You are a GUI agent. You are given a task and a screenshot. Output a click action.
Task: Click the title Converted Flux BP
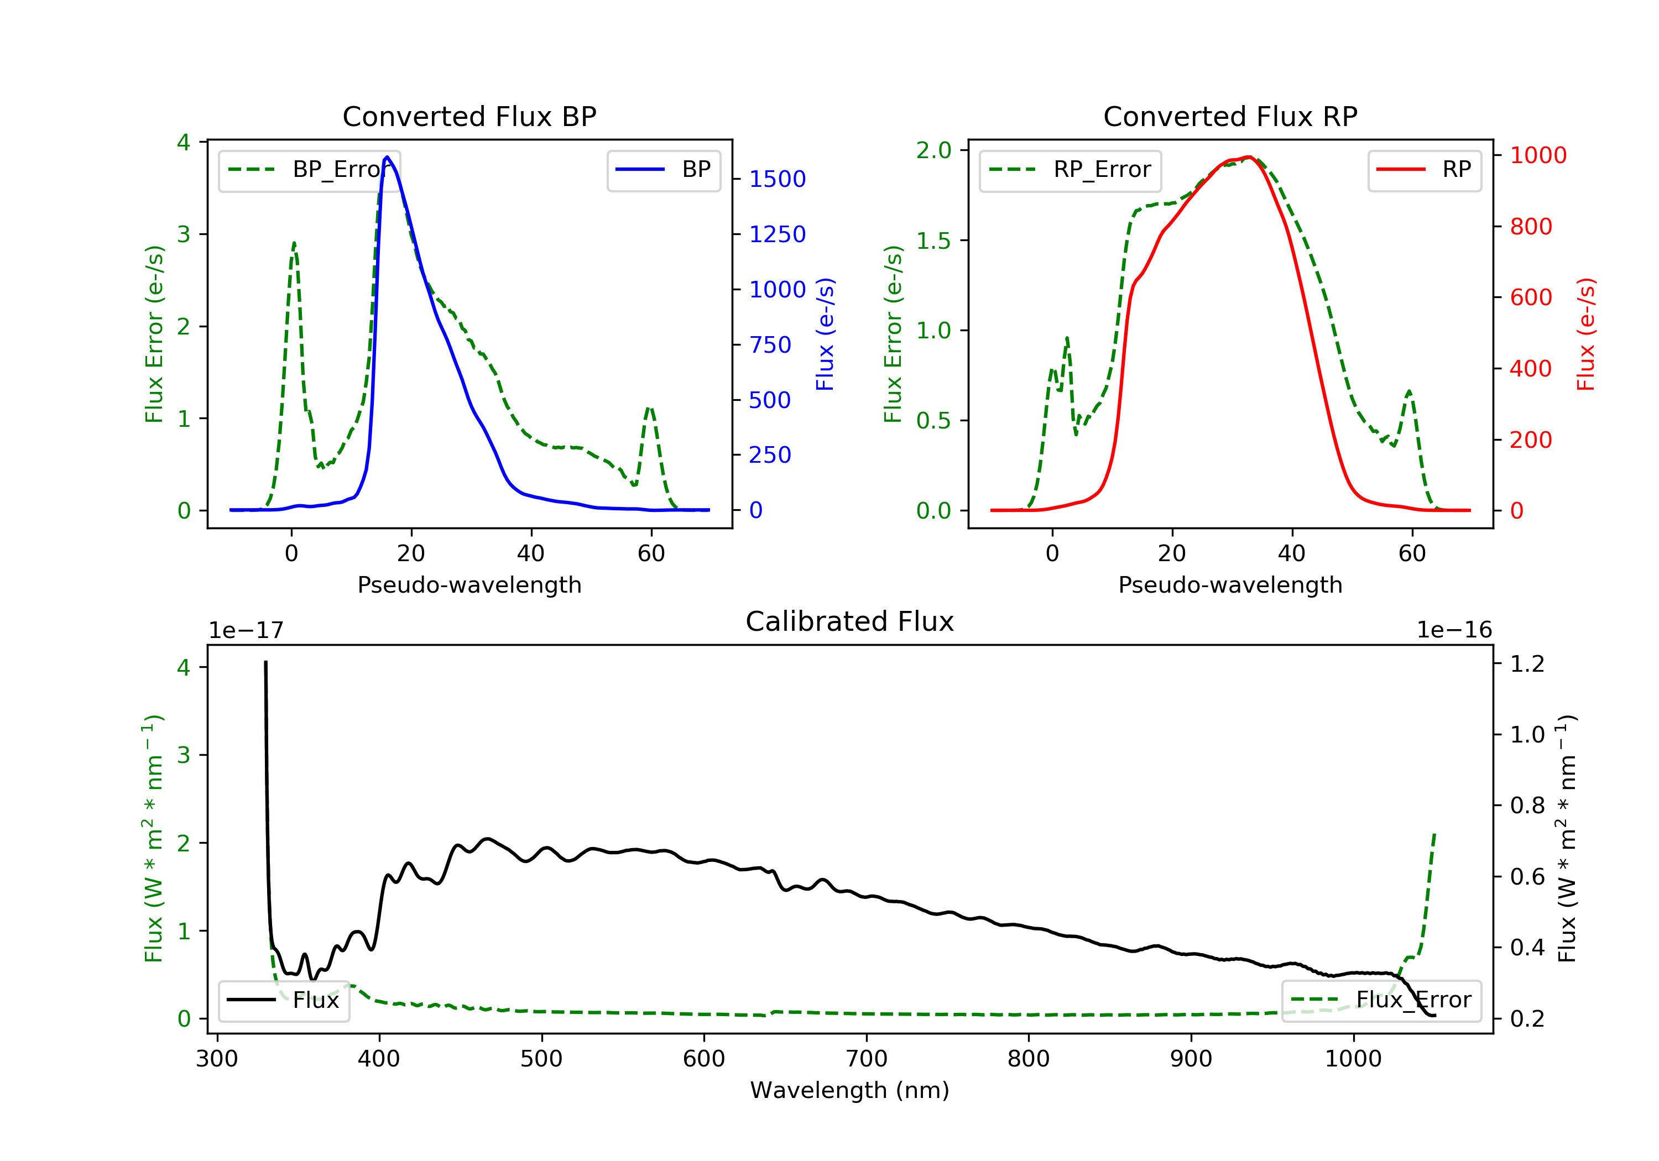pos(469,116)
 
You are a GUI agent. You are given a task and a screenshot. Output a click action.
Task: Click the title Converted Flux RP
pos(1230,116)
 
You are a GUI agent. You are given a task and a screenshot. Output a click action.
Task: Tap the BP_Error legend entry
pos(309,170)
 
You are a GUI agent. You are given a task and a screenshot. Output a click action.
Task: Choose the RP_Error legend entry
pos(1070,170)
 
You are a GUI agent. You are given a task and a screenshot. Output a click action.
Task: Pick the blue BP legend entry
pos(663,170)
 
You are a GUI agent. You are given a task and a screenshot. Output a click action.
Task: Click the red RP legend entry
pos(1424,170)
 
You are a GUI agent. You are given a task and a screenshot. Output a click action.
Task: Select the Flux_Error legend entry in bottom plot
pos(1381,1000)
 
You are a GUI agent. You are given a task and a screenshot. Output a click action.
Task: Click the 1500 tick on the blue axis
pos(777,179)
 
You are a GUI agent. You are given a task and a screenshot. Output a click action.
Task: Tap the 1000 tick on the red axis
pos(1537,155)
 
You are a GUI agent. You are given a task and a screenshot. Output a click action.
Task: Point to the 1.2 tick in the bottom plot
pos(1527,663)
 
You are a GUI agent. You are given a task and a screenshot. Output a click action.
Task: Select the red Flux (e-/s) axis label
pos(1585,334)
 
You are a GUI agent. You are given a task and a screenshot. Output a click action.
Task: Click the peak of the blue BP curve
pos(387,157)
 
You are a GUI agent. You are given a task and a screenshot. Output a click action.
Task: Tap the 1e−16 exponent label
pos(1454,630)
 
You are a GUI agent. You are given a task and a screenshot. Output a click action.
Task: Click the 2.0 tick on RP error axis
pos(933,150)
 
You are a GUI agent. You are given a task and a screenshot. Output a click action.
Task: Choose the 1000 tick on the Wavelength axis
pos(1353,1059)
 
